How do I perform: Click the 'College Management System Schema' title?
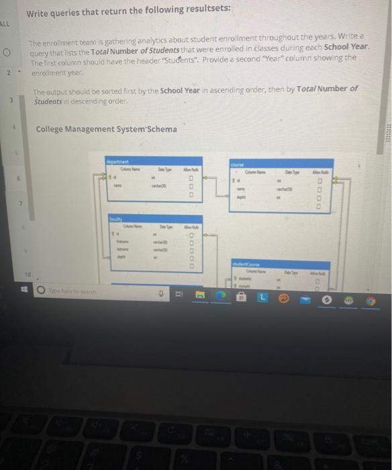(x=107, y=129)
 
